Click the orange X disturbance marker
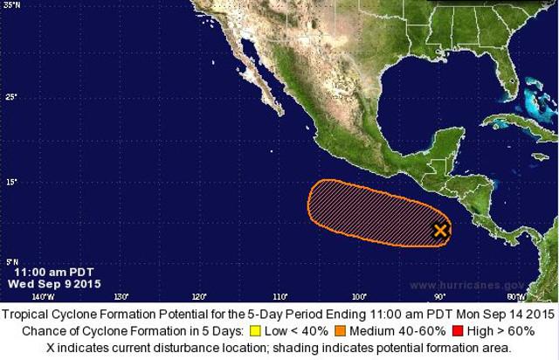tap(441, 231)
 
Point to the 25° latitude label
tap(10, 96)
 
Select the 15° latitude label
tap(10, 182)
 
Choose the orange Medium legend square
tap(339, 331)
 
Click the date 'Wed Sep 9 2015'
tap(49, 284)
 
